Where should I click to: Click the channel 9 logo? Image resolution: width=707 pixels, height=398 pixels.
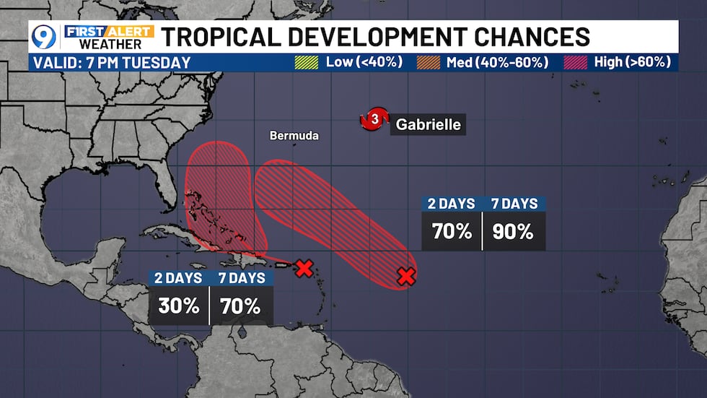click(44, 36)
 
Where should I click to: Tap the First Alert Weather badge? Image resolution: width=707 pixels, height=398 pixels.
click(108, 36)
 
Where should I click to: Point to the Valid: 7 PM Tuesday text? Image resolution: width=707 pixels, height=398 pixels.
click(112, 62)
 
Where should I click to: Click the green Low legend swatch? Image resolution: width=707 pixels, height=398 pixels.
click(306, 62)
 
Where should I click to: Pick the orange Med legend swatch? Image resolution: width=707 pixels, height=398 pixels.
click(429, 62)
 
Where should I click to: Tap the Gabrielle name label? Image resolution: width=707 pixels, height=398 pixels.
click(427, 124)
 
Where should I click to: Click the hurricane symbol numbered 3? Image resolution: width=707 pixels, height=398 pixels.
click(374, 120)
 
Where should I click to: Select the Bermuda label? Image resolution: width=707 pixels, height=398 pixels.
click(294, 135)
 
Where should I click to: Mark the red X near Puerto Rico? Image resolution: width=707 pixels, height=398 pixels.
click(304, 268)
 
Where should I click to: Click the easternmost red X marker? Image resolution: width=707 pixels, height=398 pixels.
click(406, 275)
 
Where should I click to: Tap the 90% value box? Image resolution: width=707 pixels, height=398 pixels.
click(514, 232)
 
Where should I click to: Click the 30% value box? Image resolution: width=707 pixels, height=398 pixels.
click(178, 306)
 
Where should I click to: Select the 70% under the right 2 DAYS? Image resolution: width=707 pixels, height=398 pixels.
click(452, 232)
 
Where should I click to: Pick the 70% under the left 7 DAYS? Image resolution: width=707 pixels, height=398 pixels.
click(241, 306)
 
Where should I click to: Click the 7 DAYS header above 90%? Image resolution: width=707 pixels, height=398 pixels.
click(514, 204)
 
